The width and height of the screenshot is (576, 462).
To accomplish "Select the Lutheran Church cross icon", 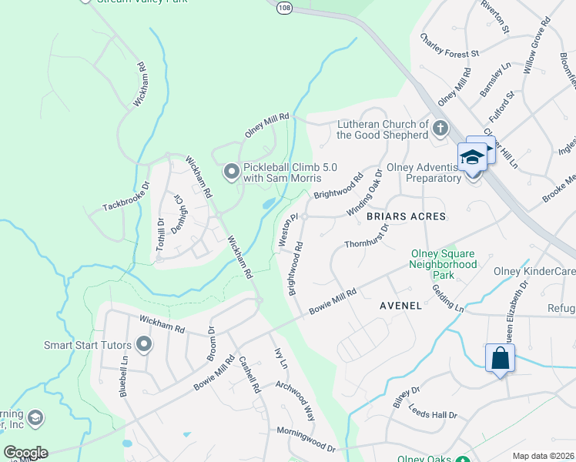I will tap(440, 129).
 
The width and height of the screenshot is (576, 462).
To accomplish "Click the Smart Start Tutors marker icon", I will tap(143, 345).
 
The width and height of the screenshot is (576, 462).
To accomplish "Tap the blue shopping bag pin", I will tap(500, 360).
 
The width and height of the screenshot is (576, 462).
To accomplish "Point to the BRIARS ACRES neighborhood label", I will tap(406, 217).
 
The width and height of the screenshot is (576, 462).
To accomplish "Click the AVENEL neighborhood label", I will tap(400, 306).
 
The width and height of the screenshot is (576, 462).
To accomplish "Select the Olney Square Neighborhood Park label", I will tap(443, 264).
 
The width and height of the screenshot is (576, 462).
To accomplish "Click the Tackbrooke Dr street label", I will tap(126, 197).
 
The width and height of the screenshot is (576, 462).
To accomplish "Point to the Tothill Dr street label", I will tap(160, 235).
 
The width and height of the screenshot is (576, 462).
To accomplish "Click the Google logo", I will tap(25, 453).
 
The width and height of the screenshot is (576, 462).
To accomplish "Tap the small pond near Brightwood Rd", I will tap(267, 204).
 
